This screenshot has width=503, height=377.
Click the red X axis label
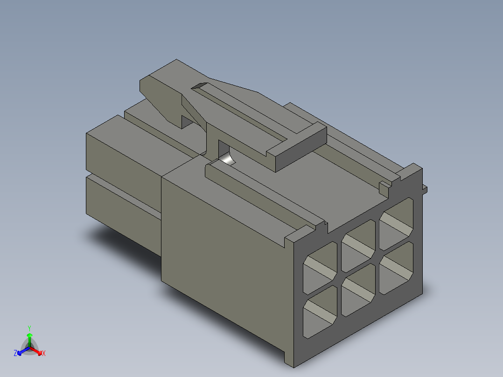tap(44, 354)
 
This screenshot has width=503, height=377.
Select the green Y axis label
tap(29, 328)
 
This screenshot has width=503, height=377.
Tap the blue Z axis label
tap(15, 353)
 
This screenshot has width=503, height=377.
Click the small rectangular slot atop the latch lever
tap(200, 86)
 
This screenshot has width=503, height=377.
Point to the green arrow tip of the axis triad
tap(29, 335)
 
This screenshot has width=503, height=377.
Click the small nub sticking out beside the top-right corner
tap(425, 188)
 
